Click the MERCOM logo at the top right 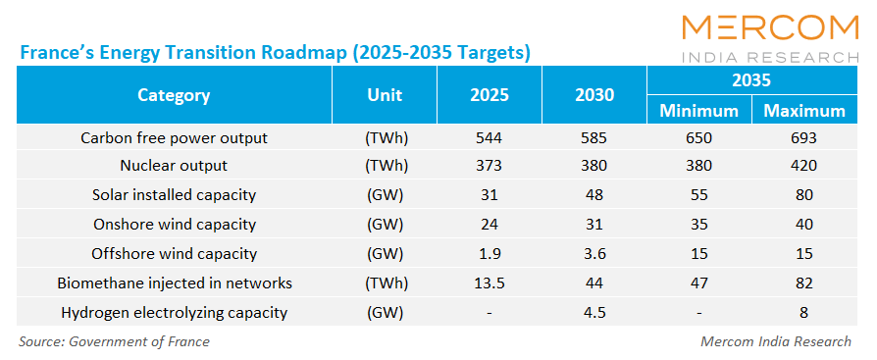tap(770, 38)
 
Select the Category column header tap(174, 95)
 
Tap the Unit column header tap(385, 95)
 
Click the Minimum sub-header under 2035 tap(699, 111)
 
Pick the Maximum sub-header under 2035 tap(804, 111)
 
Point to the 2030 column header tap(594, 95)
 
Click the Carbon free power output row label tap(175, 137)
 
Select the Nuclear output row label tap(174, 166)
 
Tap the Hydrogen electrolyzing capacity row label tap(174, 313)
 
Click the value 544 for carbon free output tap(490, 137)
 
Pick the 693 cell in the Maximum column tap(803, 137)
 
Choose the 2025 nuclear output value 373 tap(490, 166)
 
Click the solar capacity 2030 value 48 tap(594, 195)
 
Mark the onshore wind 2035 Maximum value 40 tap(803, 225)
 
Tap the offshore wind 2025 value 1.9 tap(490, 254)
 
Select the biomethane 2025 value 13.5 tap(490, 283)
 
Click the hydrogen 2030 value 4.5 tap(594, 313)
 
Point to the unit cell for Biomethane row tap(385, 283)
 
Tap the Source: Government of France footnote tap(114, 341)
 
